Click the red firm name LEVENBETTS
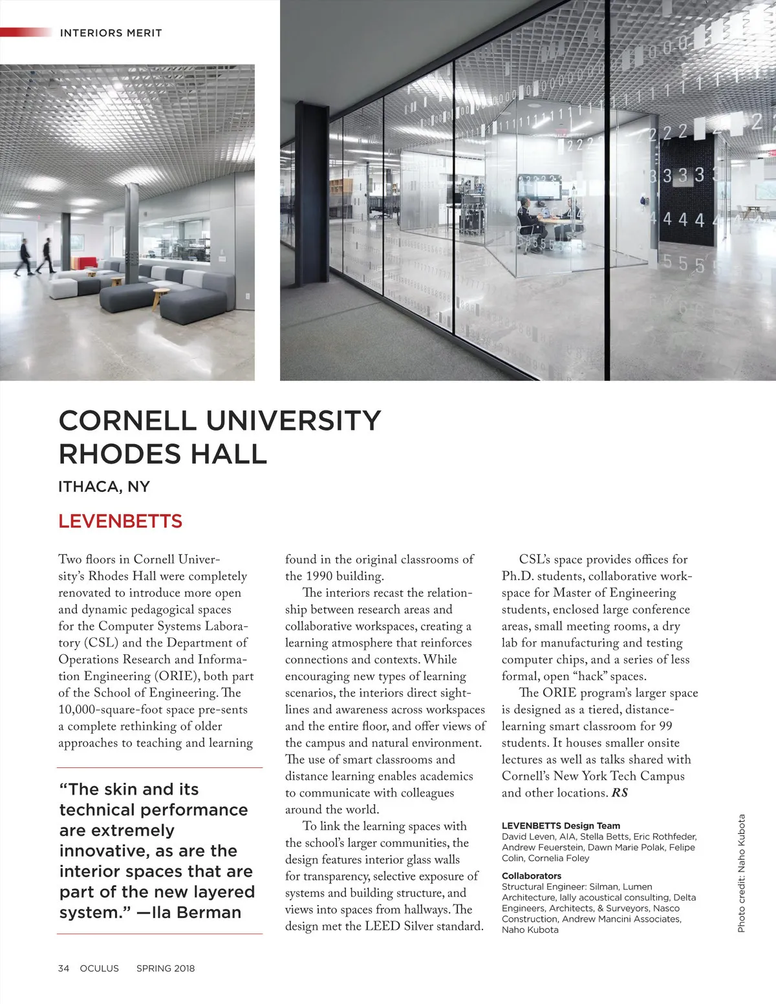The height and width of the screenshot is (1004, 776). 120,521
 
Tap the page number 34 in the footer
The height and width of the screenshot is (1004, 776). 63,968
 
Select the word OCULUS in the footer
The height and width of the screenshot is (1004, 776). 100,968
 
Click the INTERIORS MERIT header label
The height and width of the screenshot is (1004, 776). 111,33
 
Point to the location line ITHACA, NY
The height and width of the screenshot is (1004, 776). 104,487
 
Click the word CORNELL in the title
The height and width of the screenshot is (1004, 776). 127,421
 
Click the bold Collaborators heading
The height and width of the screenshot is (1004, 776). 532,876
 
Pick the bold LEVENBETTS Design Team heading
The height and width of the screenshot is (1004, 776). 561,826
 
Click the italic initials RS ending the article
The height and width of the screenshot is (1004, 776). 620,793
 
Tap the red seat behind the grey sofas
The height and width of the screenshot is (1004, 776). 84,262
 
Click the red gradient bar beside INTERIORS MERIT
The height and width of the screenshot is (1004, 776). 26,32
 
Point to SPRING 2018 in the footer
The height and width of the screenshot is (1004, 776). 166,968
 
